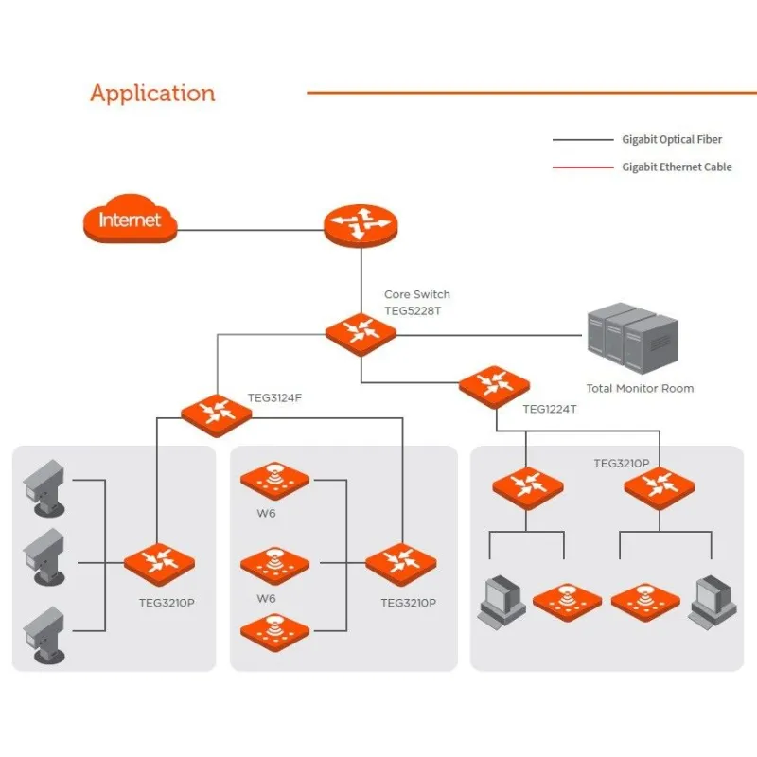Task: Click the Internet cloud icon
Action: pos(131,220)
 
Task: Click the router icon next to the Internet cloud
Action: pos(361,225)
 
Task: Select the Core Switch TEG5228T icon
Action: pos(361,333)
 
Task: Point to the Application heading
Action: pos(152,93)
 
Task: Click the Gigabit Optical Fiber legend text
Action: pos(672,139)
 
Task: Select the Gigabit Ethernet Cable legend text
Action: pos(677,167)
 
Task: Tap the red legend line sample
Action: pos(583,167)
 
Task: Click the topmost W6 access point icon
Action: pos(275,480)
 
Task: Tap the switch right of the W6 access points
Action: pos(401,564)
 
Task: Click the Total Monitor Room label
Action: pos(640,388)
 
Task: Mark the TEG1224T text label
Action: pos(550,411)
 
